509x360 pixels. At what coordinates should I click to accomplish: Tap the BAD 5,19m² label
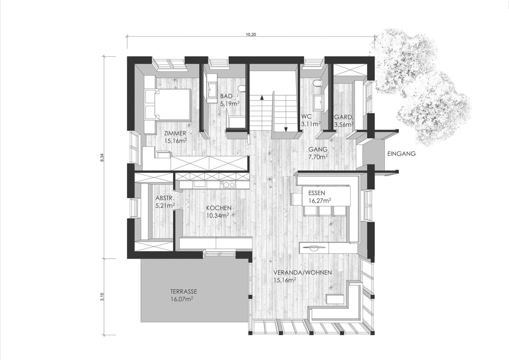(x=230, y=99)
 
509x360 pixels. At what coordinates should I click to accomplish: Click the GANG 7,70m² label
(x=318, y=153)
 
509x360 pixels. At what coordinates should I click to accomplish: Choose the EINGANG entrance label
(x=401, y=154)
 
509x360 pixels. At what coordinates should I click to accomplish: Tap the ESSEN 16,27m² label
(x=318, y=197)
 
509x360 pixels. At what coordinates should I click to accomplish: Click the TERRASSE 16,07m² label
(x=184, y=295)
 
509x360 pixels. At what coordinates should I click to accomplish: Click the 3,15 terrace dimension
(x=102, y=297)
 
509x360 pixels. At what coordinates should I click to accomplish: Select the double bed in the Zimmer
(x=167, y=104)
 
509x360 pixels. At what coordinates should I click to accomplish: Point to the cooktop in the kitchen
(x=228, y=184)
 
